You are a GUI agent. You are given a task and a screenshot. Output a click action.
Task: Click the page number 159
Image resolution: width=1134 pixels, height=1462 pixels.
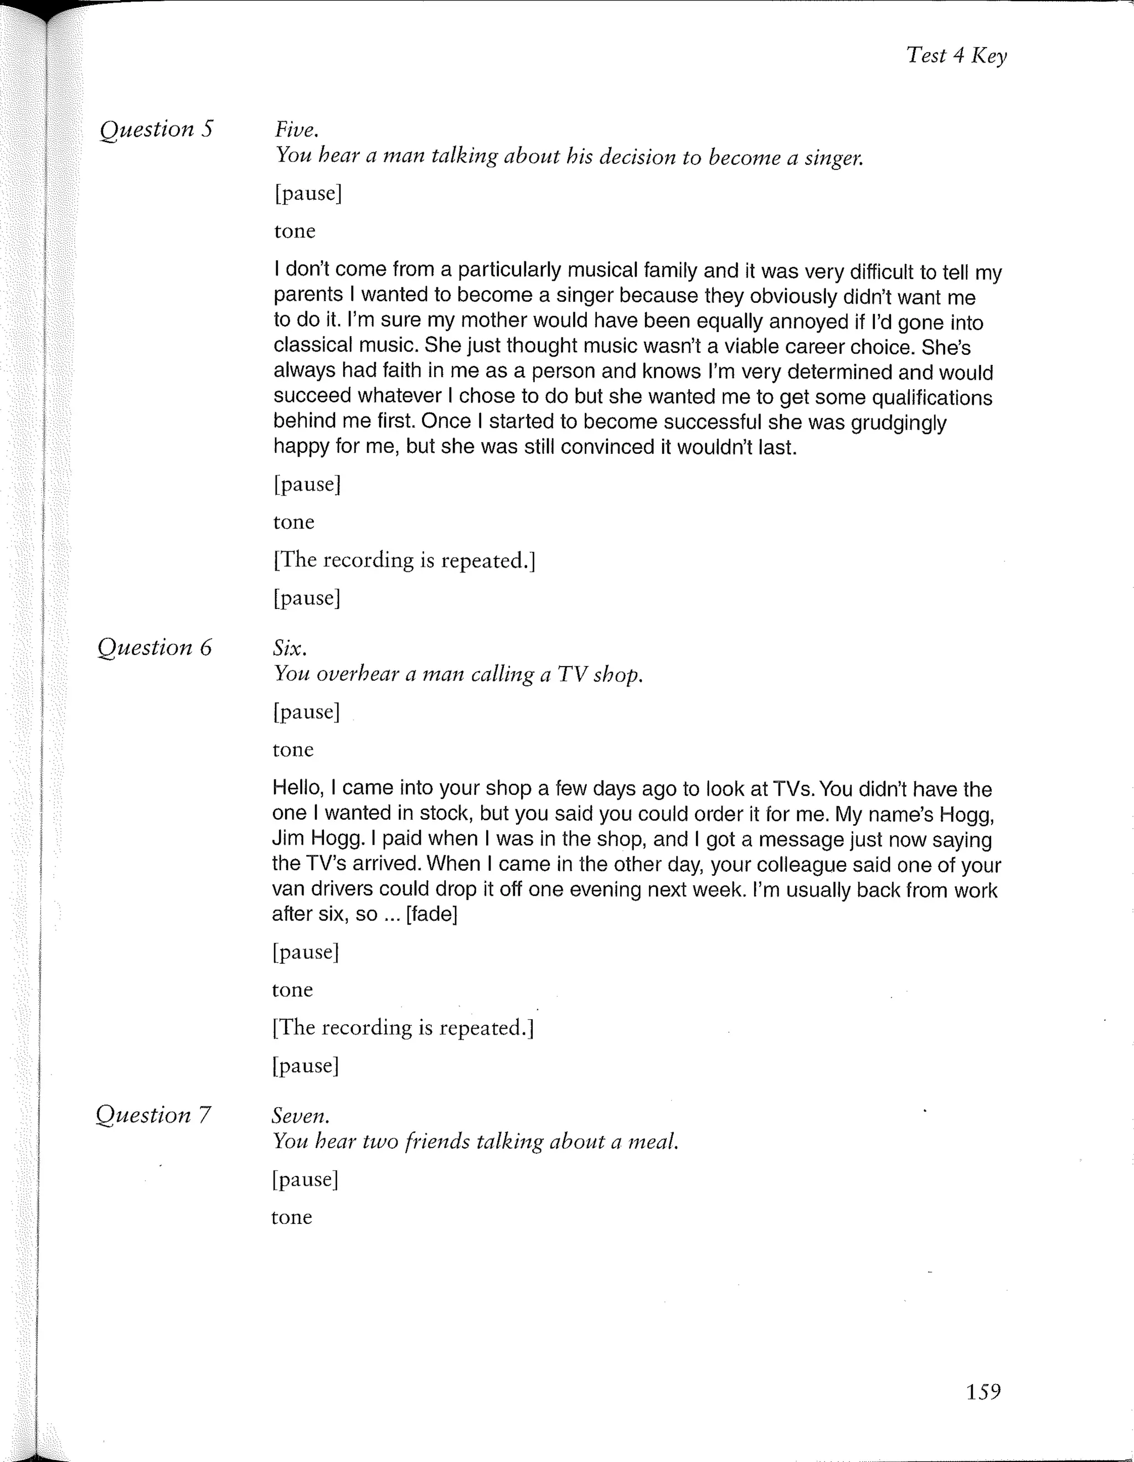pos(983,1392)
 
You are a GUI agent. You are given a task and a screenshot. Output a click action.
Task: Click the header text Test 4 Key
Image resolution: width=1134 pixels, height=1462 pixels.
pos(956,55)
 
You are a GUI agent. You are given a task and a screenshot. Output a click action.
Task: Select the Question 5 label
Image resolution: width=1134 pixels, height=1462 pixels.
pos(156,128)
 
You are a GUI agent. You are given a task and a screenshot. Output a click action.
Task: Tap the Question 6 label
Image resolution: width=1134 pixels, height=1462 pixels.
pos(154,647)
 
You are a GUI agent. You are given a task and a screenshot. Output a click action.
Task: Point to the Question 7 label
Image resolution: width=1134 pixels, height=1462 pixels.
pos(153,1114)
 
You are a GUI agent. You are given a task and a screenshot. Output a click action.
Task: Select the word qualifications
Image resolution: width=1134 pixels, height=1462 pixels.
pos(931,397)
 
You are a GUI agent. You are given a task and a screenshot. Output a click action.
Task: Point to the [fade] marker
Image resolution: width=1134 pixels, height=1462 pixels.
pos(432,914)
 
